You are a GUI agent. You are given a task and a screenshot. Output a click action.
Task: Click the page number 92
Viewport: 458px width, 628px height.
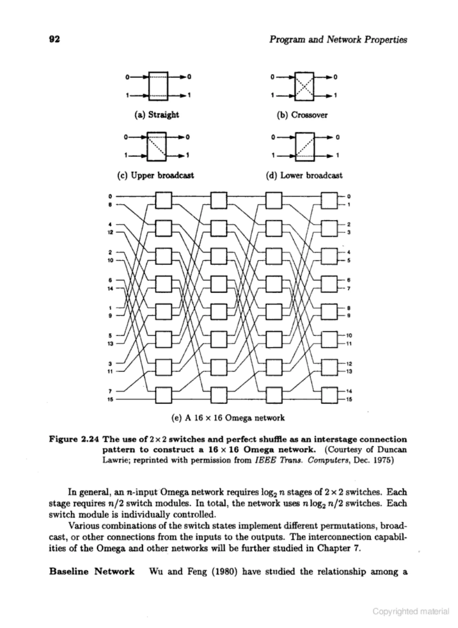click(54, 39)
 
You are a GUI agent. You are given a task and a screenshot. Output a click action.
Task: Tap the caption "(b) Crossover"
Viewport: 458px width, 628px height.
click(302, 115)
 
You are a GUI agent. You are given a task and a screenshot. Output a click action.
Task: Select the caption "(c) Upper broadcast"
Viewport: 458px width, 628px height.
click(155, 175)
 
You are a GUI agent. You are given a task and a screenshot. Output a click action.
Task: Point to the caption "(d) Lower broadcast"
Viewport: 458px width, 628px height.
click(304, 175)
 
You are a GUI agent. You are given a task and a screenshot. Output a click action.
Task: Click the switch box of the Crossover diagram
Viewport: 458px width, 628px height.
click(304, 86)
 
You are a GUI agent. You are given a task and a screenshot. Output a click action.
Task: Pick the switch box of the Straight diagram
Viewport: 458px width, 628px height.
click(158, 86)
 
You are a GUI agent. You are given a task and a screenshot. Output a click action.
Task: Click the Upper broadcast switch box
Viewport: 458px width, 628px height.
click(157, 147)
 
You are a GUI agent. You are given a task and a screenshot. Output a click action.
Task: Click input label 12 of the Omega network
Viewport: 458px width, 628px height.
click(110, 232)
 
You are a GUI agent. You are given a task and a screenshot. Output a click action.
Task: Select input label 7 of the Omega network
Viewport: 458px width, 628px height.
click(110, 391)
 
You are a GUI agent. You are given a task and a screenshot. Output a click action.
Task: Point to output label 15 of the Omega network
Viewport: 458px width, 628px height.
click(349, 400)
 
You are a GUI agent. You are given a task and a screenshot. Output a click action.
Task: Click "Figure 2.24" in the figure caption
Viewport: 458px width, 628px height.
click(74, 440)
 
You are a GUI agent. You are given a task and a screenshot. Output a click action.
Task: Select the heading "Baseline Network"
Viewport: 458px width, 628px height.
click(92, 571)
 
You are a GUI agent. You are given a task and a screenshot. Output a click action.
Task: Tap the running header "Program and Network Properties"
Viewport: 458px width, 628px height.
click(338, 40)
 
